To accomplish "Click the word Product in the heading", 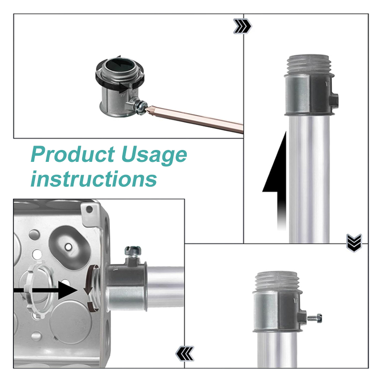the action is [73, 154].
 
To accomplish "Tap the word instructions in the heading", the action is [94, 179].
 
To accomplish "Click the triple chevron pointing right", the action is [243, 26].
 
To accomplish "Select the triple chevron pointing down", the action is [354, 243].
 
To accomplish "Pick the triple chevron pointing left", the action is [185, 353].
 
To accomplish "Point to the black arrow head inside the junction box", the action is [67, 290].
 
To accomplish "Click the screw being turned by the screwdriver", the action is [141, 106].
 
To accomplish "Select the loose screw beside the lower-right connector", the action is [315, 318].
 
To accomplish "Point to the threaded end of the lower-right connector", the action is [277, 281].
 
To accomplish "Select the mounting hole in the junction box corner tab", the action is [89, 209].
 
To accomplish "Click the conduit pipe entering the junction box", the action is [165, 287].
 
